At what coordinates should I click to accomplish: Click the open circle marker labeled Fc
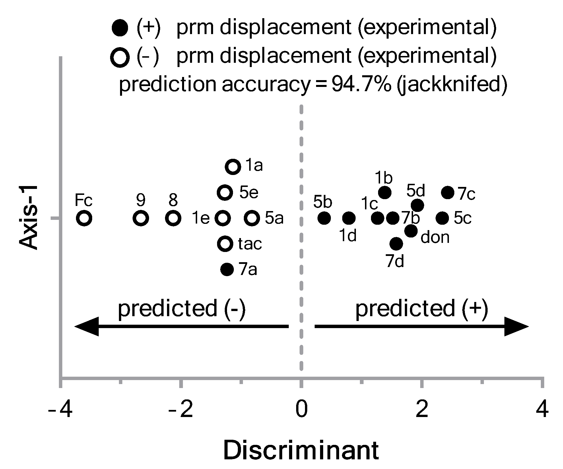point(84,218)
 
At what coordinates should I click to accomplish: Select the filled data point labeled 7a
point(227,269)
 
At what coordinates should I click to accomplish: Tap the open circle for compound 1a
point(233,166)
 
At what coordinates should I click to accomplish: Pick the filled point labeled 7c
point(448,193)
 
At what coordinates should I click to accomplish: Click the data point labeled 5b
point(324,218)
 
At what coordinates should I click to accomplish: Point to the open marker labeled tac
point(225,243)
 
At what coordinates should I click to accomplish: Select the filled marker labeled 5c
point(442,218)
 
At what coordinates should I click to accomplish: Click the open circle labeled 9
point(141,218)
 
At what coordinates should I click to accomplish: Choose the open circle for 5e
point(225,193)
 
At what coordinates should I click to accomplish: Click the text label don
point(435,237)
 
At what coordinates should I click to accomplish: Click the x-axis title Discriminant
point(301,450)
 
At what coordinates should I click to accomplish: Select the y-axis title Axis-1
point(28,218)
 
